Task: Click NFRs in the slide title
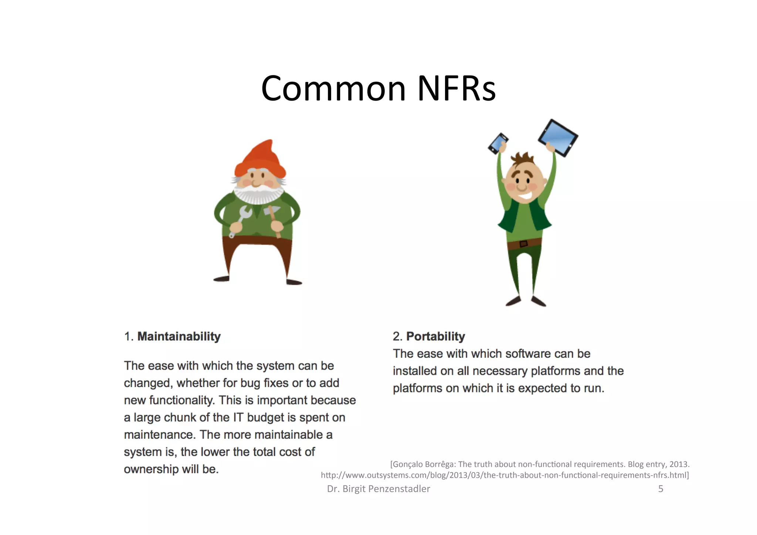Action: click(x=456, y=89)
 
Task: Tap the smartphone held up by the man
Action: click(x=498, y=143)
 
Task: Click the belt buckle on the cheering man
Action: click(x=523, y=244)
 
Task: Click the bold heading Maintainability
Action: click(x=179, y=336)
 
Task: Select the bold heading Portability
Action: click(x=435, y=336)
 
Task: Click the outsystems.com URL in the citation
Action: click(x=505, y=475)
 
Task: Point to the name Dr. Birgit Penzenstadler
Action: click(x=378, y=489)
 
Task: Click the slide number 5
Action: click(x=661, y=489)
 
